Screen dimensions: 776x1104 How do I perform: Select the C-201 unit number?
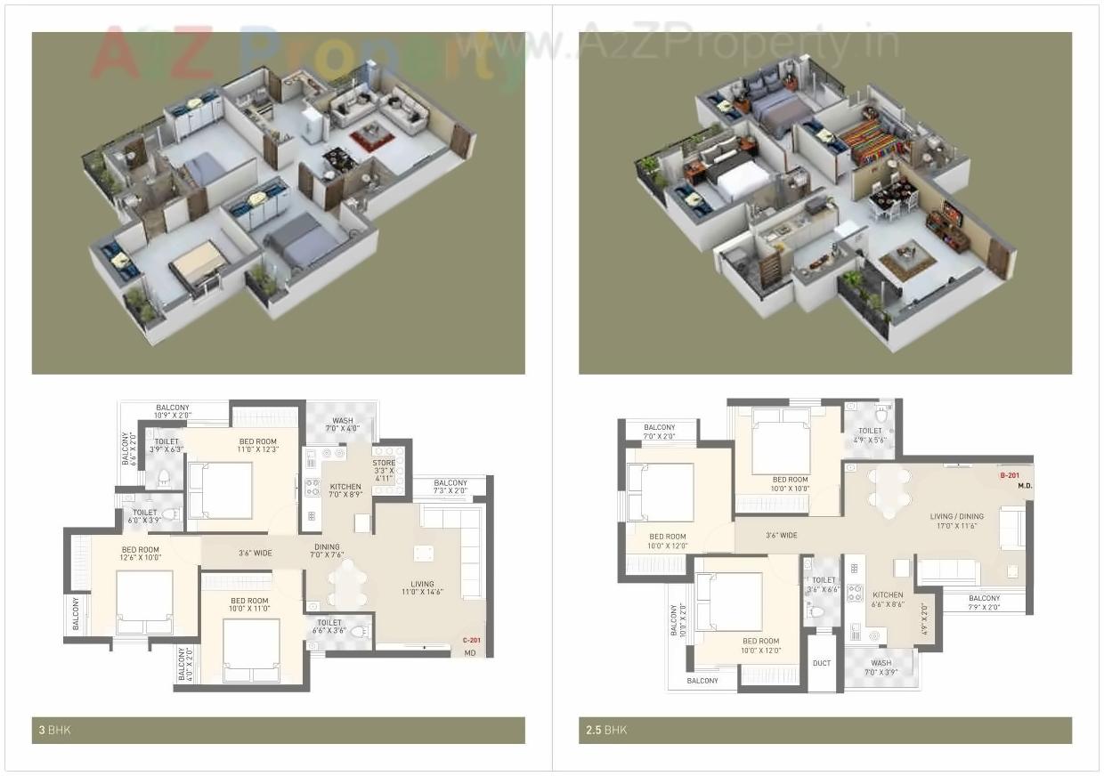471,640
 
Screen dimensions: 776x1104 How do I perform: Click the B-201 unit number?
1009,476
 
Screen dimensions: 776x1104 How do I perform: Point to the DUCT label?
822,663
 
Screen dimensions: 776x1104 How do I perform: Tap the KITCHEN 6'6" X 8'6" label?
887,599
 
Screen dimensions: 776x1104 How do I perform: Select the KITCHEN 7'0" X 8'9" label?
345,491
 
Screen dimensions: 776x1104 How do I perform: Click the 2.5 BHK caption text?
606,731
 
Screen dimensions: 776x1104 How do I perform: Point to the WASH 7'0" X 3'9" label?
881,667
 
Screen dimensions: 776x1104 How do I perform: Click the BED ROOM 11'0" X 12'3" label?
257,446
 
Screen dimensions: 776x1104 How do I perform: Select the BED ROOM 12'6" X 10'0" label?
141,554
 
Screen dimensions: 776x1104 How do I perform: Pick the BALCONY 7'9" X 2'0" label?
984,602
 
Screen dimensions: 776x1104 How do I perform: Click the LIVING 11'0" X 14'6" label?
422,588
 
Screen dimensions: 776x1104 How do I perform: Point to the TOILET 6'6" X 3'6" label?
329,626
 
